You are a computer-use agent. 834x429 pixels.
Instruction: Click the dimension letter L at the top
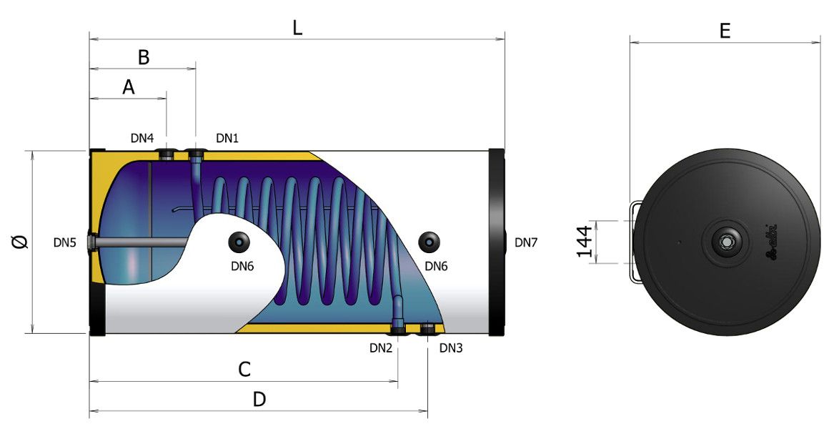(x=297, y=28)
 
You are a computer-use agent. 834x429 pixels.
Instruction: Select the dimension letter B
(x=144, y=57)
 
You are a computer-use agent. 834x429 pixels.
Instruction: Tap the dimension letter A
(x=129, y=87)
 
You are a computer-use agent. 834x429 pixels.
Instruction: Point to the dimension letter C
(x=244, y=370)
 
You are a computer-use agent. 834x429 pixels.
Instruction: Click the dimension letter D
(x=259, y=399)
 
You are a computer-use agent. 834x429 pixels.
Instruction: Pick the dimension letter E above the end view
(x=725, y=31)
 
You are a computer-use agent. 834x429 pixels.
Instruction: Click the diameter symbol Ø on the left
(x=21, y=242)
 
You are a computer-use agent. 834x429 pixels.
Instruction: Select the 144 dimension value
(x=585, y=241)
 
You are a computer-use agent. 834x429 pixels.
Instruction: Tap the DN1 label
(x=227, y=139)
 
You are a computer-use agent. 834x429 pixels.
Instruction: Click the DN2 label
(x=381, y=348)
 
